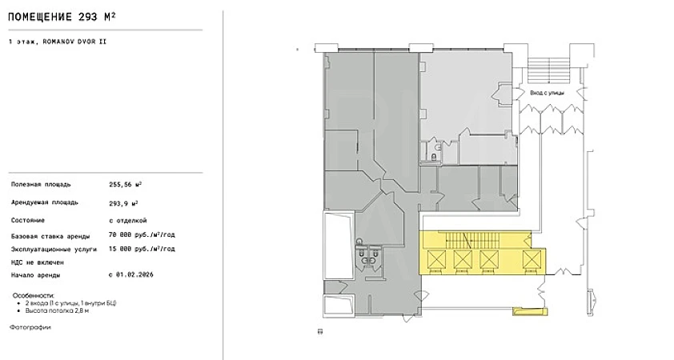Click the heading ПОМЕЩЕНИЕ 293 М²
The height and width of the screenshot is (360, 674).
point(62,17)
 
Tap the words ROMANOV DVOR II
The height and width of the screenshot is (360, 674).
point(74,42)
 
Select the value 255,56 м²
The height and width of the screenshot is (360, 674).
point(126,184)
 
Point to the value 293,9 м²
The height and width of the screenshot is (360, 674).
point(123,203)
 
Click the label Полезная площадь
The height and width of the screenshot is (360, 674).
point(41,185)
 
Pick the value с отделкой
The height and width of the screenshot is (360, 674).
point(128,220)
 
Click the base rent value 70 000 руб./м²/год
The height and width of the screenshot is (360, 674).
point(142,235)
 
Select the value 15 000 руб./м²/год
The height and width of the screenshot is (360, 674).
point(142,249)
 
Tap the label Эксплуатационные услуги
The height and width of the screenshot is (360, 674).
point(54,249)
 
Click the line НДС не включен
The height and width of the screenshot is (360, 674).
point(38,262)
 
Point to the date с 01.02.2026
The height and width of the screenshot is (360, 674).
point(131,274)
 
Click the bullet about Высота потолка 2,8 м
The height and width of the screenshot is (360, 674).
point(57,310)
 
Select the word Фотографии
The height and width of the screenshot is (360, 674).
point(30,327)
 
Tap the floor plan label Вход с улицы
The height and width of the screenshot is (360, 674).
point(548,93)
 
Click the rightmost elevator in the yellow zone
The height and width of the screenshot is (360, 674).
point(532,259)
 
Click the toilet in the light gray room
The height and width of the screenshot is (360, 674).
point(434,157)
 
